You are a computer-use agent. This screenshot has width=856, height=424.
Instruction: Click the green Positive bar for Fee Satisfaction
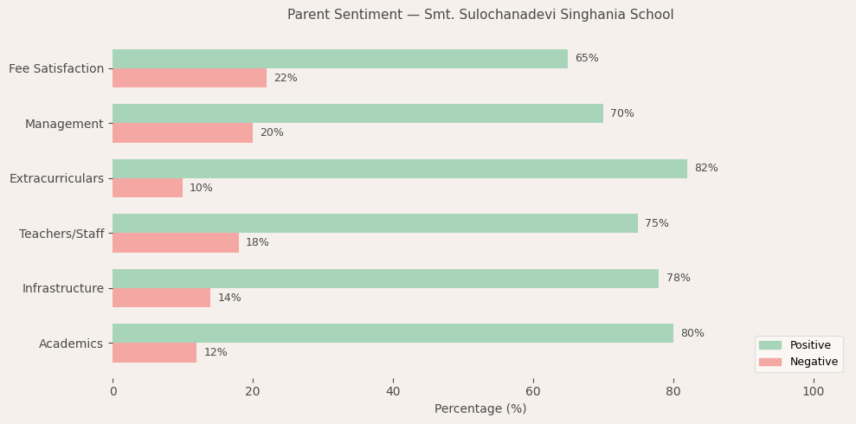(x=340, y=59)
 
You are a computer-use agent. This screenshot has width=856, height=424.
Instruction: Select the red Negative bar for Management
(x=183, y=133)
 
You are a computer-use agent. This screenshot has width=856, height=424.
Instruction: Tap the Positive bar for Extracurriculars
(x=400, y=169)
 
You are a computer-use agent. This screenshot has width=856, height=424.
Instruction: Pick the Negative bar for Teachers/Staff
(x=176, y=243)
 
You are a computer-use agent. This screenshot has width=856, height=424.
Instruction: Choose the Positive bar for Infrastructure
(x=385, y=279)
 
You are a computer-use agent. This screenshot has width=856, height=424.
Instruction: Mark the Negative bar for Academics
(x=154, y=353)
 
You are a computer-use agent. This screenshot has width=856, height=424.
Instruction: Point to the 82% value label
(x=706, y=169)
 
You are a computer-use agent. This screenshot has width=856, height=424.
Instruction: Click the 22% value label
(x=286, y=79)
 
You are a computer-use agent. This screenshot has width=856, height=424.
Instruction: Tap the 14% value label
(x=229, y=299)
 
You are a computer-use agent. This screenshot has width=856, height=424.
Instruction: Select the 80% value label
(x=692, y=334)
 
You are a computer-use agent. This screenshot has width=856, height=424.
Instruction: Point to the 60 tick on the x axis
(x=533, y=392)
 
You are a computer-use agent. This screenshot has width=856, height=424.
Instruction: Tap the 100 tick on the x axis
(x=814, y=392)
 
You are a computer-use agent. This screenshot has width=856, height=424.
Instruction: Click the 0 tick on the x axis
(x=113, y=392)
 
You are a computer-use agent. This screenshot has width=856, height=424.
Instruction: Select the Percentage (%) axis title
(x=480, y=409)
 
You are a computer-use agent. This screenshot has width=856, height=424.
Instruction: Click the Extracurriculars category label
(x=56, y=178)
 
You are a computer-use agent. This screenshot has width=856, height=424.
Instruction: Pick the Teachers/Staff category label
(x=61, y=234)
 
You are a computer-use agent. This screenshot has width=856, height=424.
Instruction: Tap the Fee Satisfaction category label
(x=56, y=68)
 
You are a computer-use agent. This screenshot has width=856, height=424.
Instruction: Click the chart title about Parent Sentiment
(x=480, y=15)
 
